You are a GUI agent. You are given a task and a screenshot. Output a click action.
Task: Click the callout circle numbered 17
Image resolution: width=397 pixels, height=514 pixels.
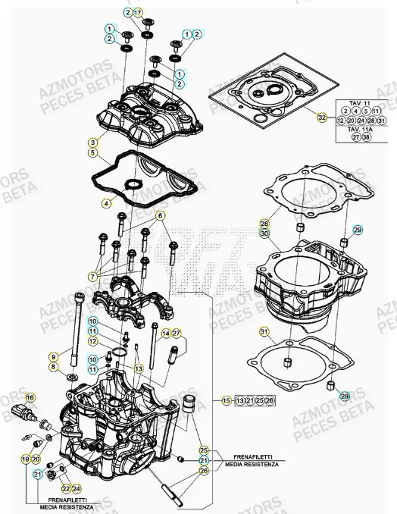pos(137,14)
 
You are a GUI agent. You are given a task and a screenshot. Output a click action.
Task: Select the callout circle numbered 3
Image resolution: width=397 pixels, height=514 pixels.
pos(92,142)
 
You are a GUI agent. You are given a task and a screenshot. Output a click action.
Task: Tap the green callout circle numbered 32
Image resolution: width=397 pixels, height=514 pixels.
pos(321,118)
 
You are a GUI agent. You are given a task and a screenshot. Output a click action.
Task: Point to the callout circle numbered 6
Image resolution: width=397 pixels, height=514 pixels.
pos(161,216)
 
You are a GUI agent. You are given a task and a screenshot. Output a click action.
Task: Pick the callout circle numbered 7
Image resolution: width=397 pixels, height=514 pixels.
pos(92,274)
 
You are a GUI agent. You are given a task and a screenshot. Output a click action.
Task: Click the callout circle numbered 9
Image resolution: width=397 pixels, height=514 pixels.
pos(54,356)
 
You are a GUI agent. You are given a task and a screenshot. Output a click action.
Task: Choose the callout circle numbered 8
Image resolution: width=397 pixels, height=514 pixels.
pos(54,367)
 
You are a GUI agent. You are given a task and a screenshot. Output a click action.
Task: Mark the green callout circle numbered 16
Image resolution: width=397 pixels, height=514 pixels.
pos(31,397)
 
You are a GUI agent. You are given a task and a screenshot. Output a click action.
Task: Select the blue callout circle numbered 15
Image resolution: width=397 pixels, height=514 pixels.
pos(225,400)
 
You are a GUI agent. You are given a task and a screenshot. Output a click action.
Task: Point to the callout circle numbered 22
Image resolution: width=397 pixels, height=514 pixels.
pos(66,488)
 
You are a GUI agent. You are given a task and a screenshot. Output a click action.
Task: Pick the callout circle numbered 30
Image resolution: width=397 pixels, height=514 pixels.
pos(264,234)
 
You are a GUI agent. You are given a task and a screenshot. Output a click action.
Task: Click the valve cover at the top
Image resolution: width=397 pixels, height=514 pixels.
pos(152,114)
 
